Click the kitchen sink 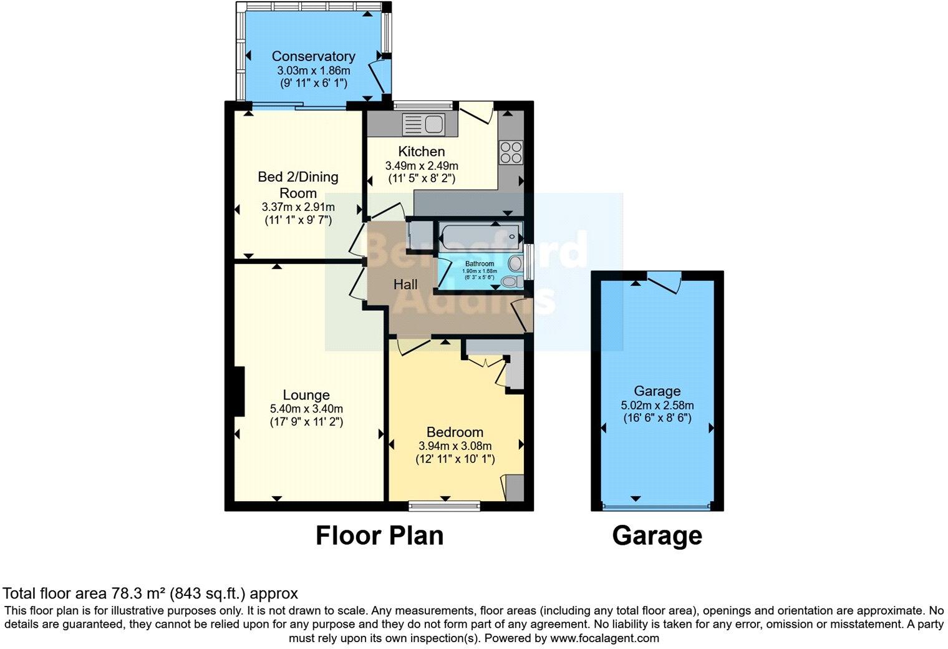423,124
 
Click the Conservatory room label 313,56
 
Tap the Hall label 405,285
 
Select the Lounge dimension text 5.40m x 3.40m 306,409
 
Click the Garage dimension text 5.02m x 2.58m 657,405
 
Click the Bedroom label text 455,432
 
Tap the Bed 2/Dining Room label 298,185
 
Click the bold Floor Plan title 379,536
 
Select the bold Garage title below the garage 657,536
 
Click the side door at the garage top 665,282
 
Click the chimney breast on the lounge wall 238,391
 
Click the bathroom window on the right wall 528,262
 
